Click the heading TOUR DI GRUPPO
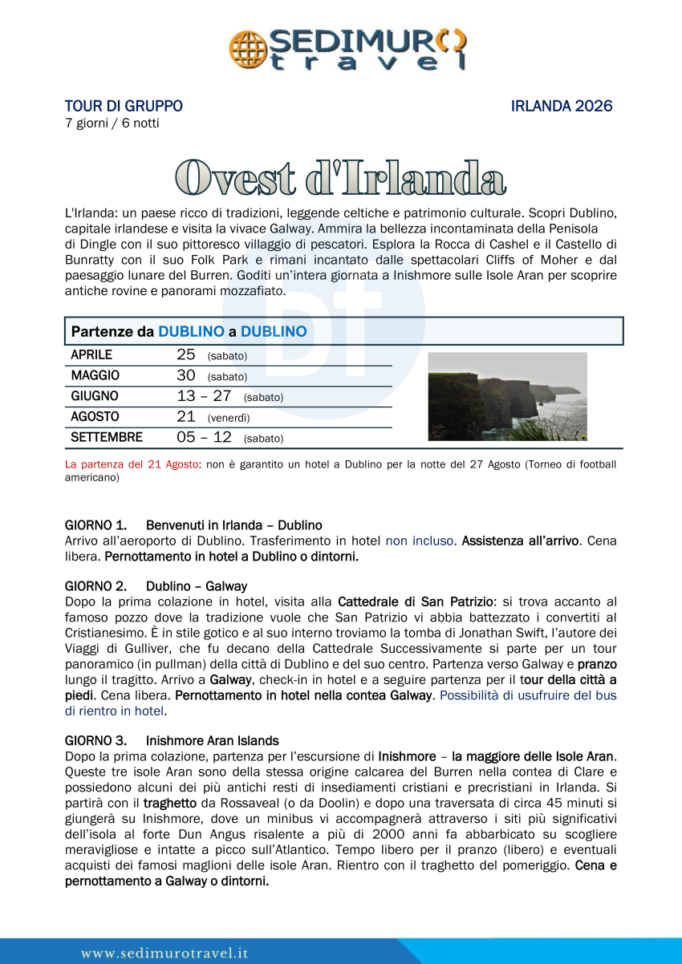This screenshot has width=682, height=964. click(124, 106)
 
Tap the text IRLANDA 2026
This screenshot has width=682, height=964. click(562, 106)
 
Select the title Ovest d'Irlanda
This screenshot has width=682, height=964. click(340, 177)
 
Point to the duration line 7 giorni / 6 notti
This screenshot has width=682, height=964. click(112, 124)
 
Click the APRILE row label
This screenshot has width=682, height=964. click(91, 354)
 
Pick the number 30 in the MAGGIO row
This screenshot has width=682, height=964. click(185, 375)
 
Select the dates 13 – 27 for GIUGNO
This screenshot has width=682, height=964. click(204, 396)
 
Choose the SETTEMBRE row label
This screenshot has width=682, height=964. click(107, 438)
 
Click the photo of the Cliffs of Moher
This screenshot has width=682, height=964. click(507, 396)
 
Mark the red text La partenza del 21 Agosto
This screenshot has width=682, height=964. click(131, 464)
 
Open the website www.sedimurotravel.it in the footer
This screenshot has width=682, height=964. click(164, 953)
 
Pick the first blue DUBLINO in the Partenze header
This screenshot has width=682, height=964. click(191, 331)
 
